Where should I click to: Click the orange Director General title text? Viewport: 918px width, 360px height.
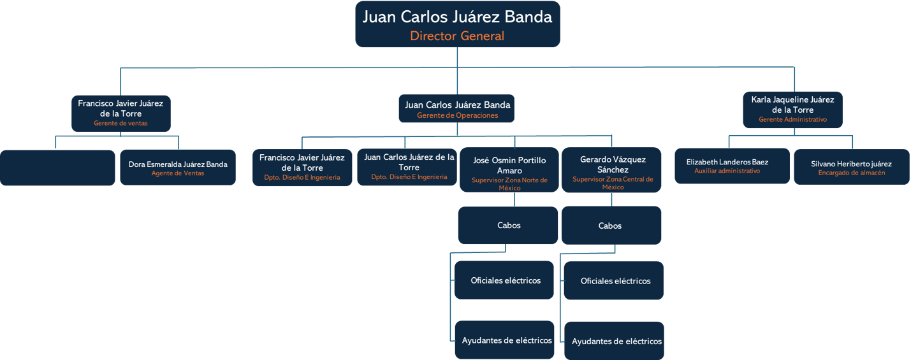pos(457,36)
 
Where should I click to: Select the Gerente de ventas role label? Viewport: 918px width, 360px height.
pos(120,123)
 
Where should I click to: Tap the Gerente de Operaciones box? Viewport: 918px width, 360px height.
pos(457,109)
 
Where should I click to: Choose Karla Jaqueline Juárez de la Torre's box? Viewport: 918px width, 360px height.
pos(792,110)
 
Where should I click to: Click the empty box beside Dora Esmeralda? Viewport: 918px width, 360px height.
pos(57,168)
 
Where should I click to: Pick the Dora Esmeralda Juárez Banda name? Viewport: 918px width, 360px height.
pos(178,164)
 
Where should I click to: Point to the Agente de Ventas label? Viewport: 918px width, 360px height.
pos(178,173)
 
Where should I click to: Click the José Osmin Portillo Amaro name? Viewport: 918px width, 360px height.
pos(509,165)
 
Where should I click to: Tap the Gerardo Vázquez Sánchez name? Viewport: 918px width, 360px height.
pos(613,164)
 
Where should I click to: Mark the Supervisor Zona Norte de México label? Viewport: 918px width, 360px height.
pos(509,184)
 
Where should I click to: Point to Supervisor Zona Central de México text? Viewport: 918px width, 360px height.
pos(613,183)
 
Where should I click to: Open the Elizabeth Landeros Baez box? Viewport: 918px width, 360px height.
pos(732,166)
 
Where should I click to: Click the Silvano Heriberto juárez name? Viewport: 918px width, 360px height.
pos(851,164)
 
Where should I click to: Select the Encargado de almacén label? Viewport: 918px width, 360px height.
pos(851,173)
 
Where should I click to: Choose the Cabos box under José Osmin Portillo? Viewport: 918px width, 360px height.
pos(509,225)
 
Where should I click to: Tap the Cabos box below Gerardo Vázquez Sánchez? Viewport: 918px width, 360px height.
pos(611,226)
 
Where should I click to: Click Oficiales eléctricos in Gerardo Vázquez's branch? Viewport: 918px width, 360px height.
pos(615,281)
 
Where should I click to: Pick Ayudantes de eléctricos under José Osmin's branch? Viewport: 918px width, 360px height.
pos(506,340)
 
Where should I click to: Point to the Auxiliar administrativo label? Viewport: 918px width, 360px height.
pos(727,171)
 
